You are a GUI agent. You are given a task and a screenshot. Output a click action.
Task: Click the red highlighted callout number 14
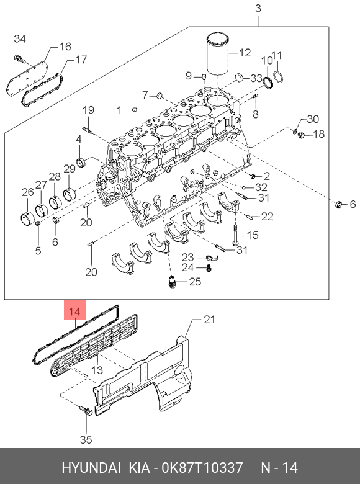tap(74, 311)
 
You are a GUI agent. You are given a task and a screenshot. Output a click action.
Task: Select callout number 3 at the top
tap(258, 8)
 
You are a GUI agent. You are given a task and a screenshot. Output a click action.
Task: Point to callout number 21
tap(209, 320)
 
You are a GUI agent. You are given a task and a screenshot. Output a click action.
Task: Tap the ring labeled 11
tap(279, 76)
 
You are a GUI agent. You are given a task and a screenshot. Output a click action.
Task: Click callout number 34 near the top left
tap(20, 39)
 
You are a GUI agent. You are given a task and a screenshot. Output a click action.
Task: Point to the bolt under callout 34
tap(19, 59)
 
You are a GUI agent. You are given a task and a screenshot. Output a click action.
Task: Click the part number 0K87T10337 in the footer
tap(202, 468)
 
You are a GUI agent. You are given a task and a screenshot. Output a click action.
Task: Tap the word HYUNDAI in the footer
tap(91, 468)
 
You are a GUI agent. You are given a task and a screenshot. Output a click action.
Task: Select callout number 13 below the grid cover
tap(97, 370)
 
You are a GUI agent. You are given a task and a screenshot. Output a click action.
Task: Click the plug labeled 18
tap(302, 135)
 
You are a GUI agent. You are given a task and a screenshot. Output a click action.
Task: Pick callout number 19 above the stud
tap(88, 110)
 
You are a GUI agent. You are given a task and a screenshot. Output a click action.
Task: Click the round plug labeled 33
tap(240, 77)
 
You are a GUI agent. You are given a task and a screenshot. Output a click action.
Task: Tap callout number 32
tap(261, 187)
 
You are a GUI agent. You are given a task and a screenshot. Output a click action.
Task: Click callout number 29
tap(70, 169)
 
